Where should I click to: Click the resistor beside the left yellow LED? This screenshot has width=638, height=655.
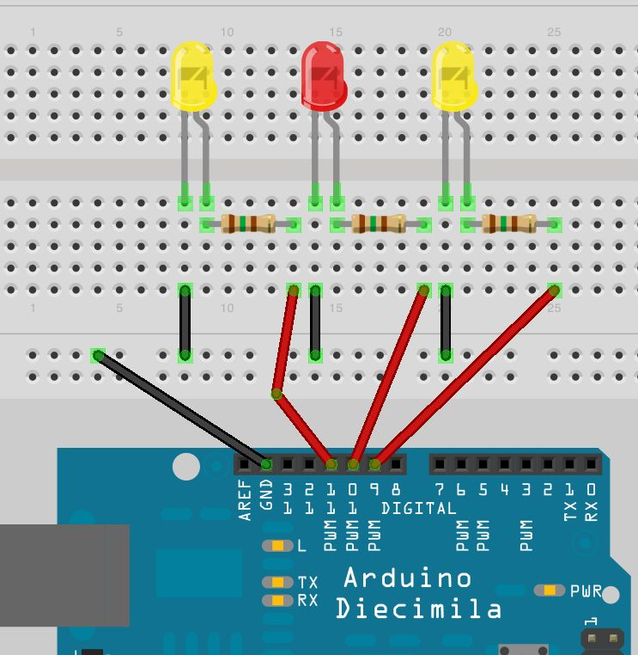248,224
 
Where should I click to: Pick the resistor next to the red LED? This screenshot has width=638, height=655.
379,224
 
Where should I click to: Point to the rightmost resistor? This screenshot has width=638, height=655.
509,224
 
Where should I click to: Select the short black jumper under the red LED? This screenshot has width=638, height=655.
315,322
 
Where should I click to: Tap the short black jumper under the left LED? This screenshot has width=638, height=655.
185,322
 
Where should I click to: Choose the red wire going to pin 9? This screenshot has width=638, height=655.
464,376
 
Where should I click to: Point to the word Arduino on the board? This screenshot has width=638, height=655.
407,577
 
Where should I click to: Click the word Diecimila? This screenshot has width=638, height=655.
418,609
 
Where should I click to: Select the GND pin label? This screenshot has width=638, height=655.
266,499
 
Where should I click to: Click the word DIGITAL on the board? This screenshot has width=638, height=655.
418,508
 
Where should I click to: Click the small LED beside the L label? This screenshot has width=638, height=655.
277,546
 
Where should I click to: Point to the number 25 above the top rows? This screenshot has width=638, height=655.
554,32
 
